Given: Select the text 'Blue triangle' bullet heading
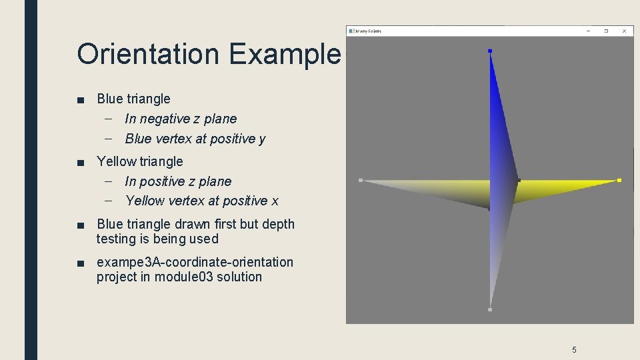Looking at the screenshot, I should tap(133, 99).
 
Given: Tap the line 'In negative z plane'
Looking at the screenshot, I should tap(180, 119).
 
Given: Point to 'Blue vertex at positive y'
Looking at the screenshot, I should tap(195, 139).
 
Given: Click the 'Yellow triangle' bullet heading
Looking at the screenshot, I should tap(139, 161).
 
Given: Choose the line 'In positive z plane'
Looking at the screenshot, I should tap(178, 181).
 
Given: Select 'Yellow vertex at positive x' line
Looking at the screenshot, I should tap(201, 201).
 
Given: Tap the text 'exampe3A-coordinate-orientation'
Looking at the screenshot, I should tap(195, 262).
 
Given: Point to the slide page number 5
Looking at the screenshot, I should tap(574, 349).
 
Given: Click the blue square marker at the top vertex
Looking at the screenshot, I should tap(490, 51).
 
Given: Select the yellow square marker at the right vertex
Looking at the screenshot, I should tap(619, 180).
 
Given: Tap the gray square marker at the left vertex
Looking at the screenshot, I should tap(361, 180).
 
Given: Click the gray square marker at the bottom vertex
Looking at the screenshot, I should tap(490, 309).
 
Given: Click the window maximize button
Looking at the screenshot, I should tap(606, 31).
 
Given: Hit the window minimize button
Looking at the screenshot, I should tap(588, 31).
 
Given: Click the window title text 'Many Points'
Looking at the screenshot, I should tap(369, 31).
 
